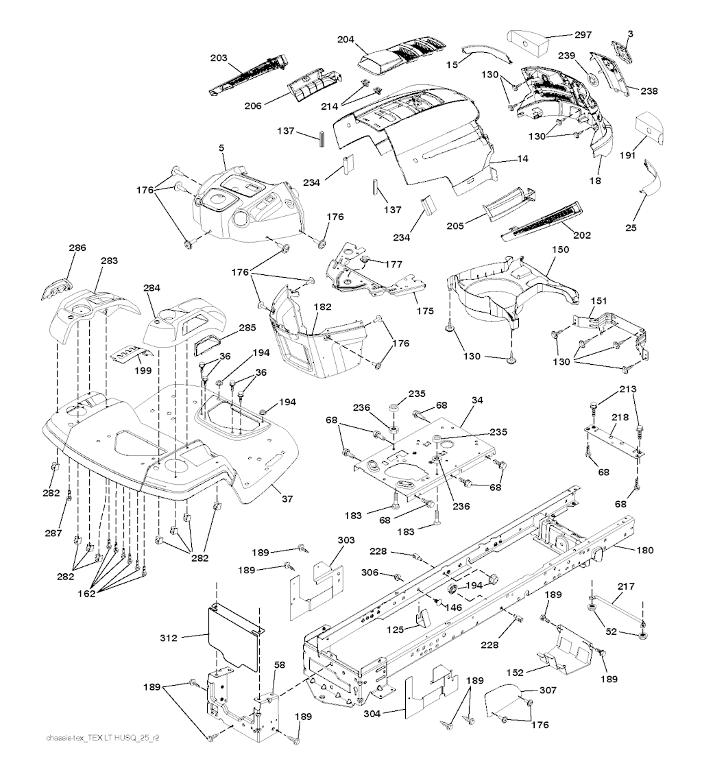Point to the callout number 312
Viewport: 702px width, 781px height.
168,638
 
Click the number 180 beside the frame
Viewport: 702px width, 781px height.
644,550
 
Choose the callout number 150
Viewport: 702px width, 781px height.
560,251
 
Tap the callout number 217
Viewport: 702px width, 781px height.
627,587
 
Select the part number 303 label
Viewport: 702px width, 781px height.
346,541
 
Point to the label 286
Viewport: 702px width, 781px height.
77,248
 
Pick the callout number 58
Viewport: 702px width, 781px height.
280,685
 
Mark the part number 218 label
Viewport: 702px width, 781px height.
620,418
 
